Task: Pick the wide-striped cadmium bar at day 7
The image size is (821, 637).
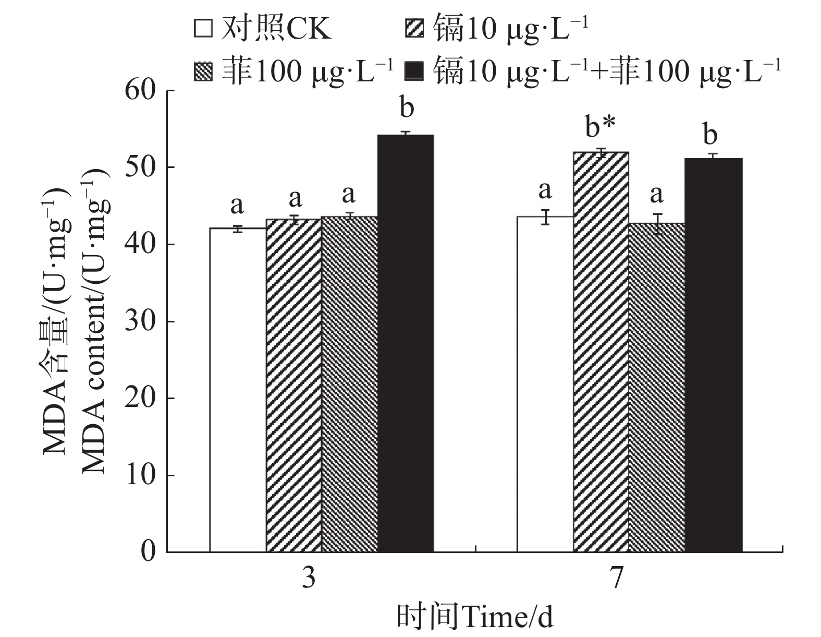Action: click(601, 352)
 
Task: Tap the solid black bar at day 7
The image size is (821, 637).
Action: click(713, 355)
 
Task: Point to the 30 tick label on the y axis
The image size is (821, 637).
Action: click(141, 321)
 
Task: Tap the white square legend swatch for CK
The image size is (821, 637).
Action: click(203, 29)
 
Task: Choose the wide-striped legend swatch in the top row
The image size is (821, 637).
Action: click(415, 29)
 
